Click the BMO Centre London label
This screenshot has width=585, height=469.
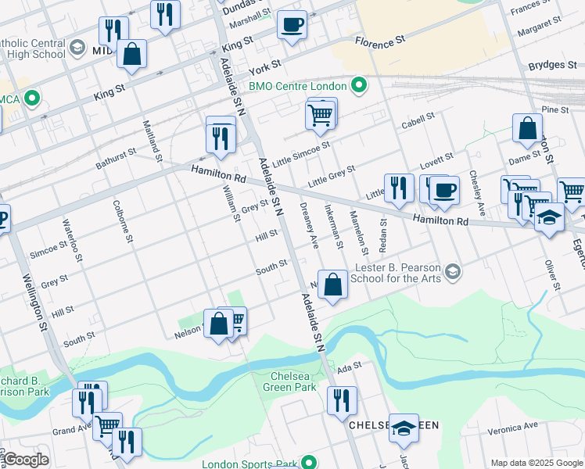click(297, 85)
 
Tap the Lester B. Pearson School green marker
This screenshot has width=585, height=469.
click(452, 272)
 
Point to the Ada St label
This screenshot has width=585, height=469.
click(350, 366)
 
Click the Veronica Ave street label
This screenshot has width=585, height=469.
click(513, 428)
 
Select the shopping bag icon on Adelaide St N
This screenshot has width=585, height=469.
click(333, 286)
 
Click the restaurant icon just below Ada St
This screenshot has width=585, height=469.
click(341, 401)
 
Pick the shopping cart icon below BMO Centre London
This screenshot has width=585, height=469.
click(321, 115)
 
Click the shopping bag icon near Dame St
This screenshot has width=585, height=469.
click(528, 129)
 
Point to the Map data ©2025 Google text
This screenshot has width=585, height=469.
click(537, 463)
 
